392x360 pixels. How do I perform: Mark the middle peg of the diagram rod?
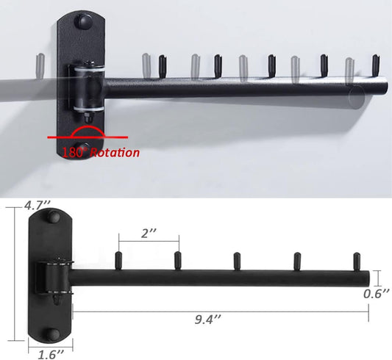click(x=238, y=260)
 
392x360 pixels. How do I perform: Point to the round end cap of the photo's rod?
click(x=357, y=97)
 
